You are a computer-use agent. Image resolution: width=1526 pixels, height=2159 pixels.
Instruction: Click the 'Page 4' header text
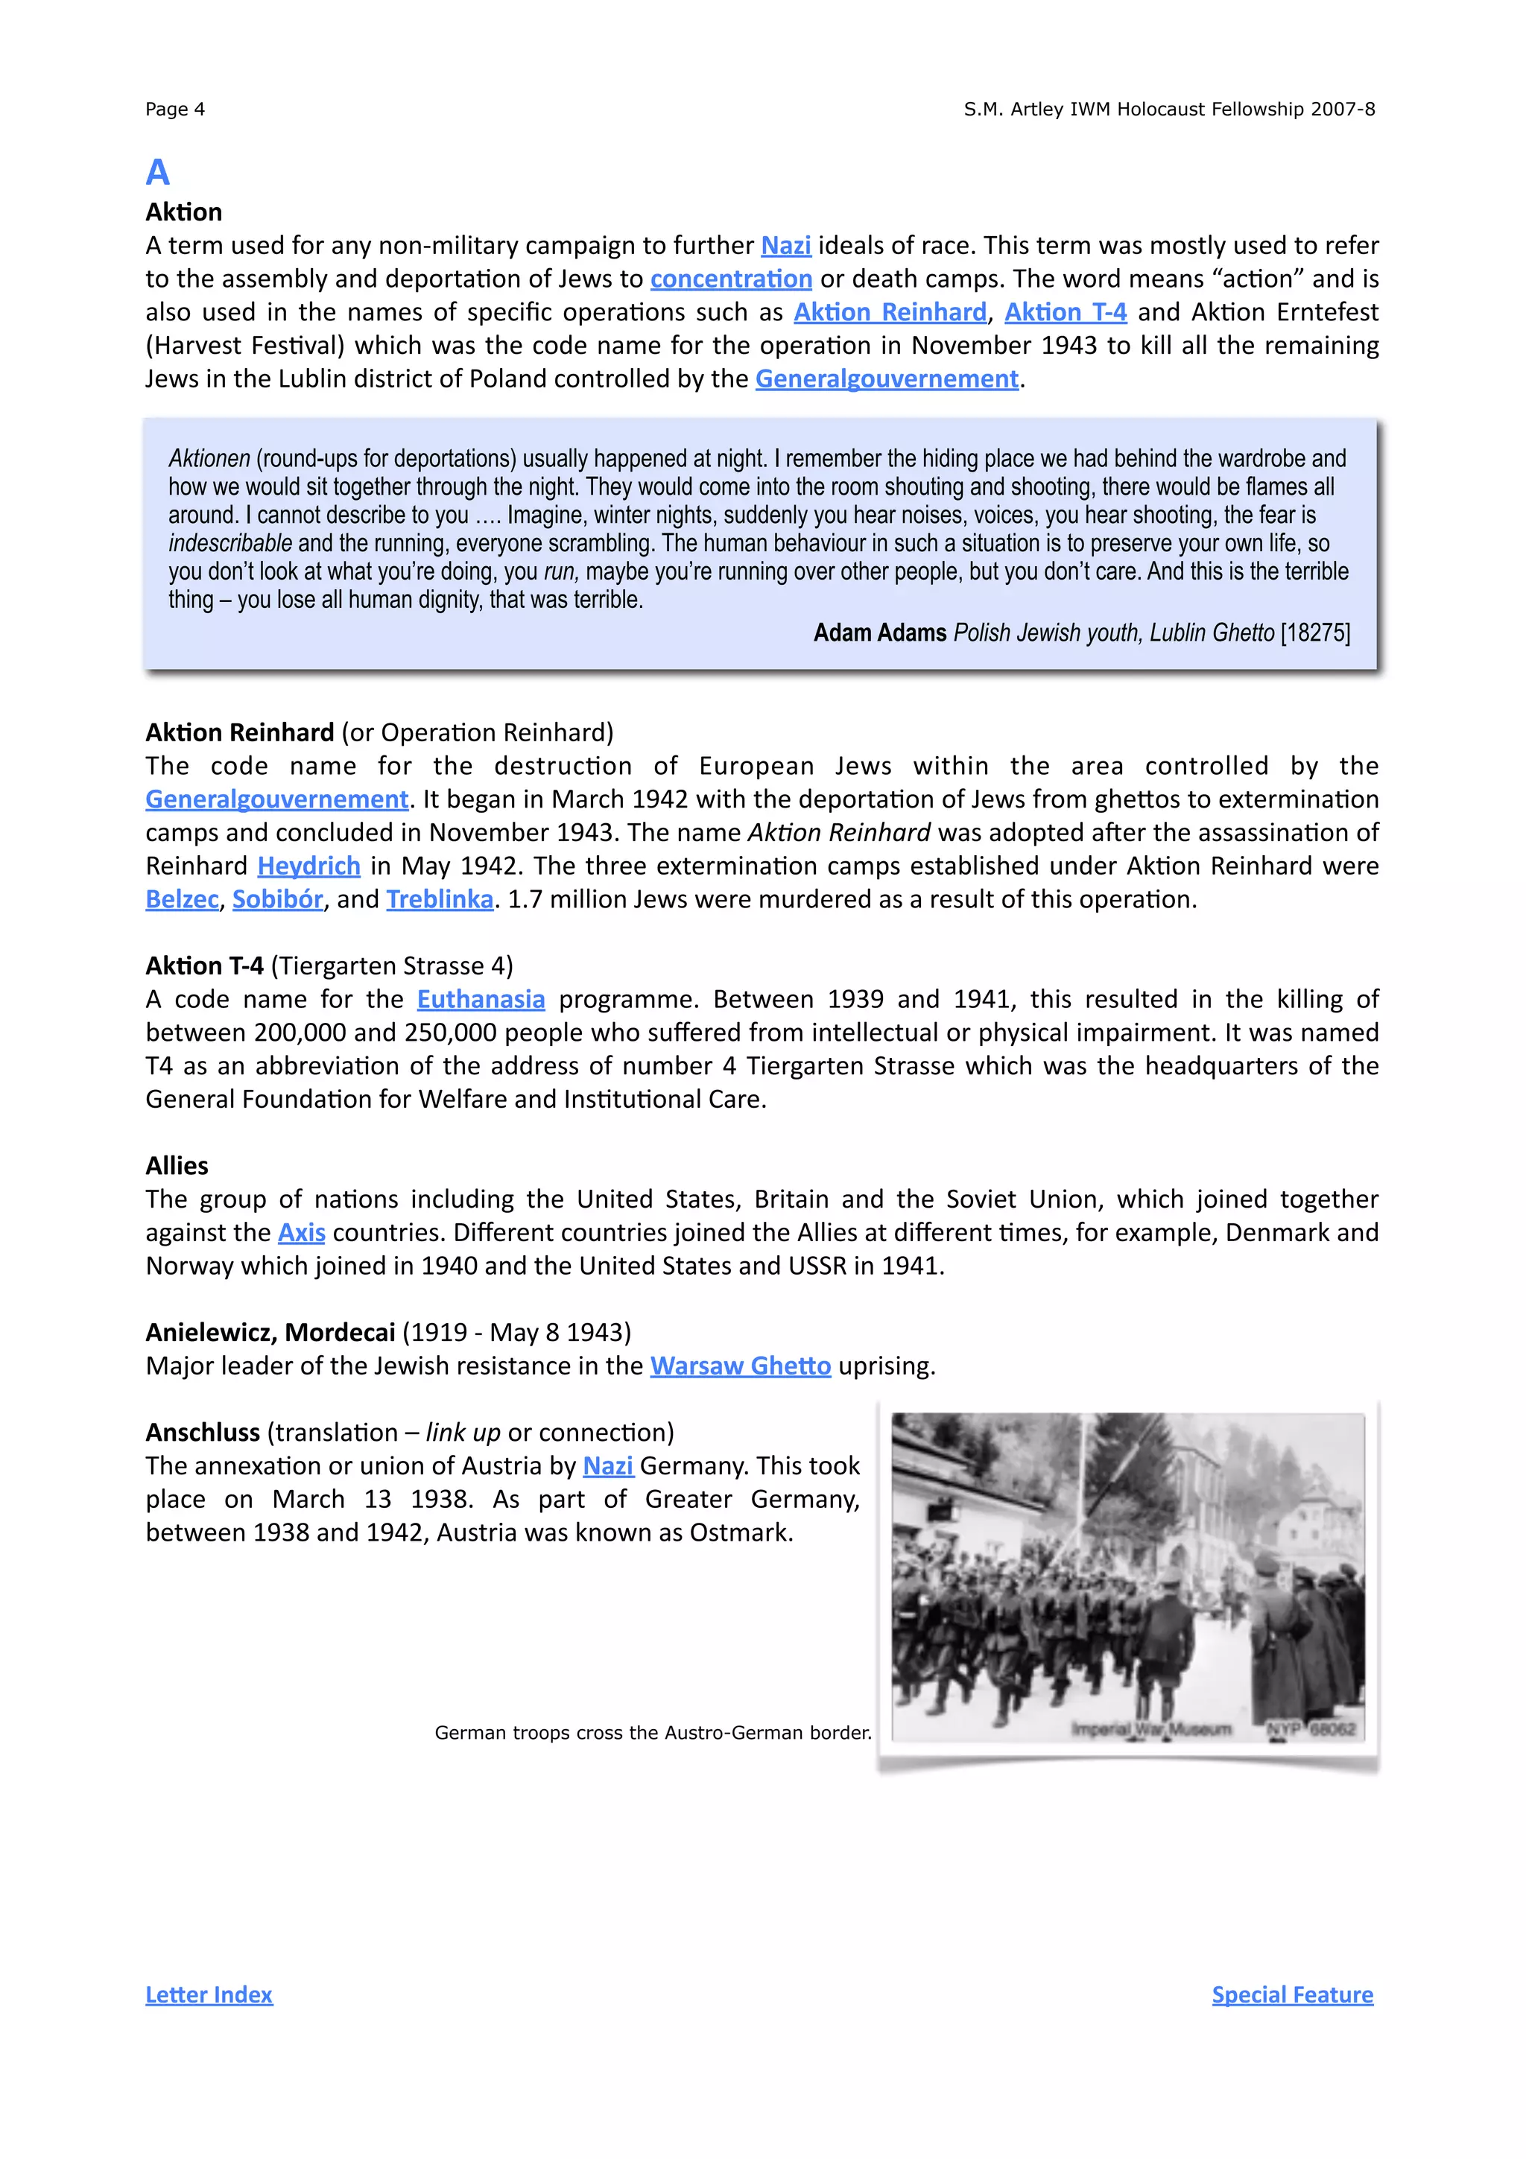click(x=175, y=109)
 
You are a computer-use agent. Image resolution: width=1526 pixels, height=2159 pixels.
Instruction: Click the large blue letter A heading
click(x=157, y=172)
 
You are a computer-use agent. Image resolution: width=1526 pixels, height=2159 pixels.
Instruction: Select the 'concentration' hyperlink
click(x=730, y=279)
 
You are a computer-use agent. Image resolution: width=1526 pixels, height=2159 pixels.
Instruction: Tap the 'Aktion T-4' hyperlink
click(x=1066, y=312)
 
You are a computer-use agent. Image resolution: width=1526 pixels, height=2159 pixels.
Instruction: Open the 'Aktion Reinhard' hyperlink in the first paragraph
click(x=890, y=312)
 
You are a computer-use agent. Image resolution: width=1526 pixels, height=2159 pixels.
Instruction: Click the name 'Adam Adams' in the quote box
click(x=879, y=633)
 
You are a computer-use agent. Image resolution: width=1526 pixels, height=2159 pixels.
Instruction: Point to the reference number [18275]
click(x=1315, y=633)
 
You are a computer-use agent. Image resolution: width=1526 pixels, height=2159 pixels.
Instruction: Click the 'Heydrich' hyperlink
click(x=308, y=866)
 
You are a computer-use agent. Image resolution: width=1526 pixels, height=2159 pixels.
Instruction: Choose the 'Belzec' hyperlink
click(x=182, y=900)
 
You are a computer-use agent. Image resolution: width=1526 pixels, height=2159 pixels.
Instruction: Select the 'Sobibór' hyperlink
click(x=277, y=900)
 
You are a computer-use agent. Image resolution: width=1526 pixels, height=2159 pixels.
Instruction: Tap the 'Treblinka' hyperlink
click(x=439, y=900)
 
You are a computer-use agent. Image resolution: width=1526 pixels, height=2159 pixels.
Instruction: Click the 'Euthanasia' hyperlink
click(x=481, y=1000)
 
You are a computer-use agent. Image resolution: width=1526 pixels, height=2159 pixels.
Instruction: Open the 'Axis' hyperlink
click(x=301, y=1233)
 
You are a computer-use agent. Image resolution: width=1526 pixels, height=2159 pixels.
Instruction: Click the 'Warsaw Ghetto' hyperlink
click(x=740, y=1366)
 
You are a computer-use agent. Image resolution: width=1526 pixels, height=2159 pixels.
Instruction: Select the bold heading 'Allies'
click(x=177, y=1166)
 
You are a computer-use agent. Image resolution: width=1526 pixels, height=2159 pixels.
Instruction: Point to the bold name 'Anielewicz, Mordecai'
click(x=270, y=1333)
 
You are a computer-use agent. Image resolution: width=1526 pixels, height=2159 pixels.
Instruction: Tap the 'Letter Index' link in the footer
click(x=209, y=1994)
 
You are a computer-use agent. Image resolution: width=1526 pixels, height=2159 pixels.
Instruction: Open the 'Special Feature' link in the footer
click(x=1292, y=1994)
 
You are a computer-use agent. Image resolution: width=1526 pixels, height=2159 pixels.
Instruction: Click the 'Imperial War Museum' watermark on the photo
click(x=1151, y=1729)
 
